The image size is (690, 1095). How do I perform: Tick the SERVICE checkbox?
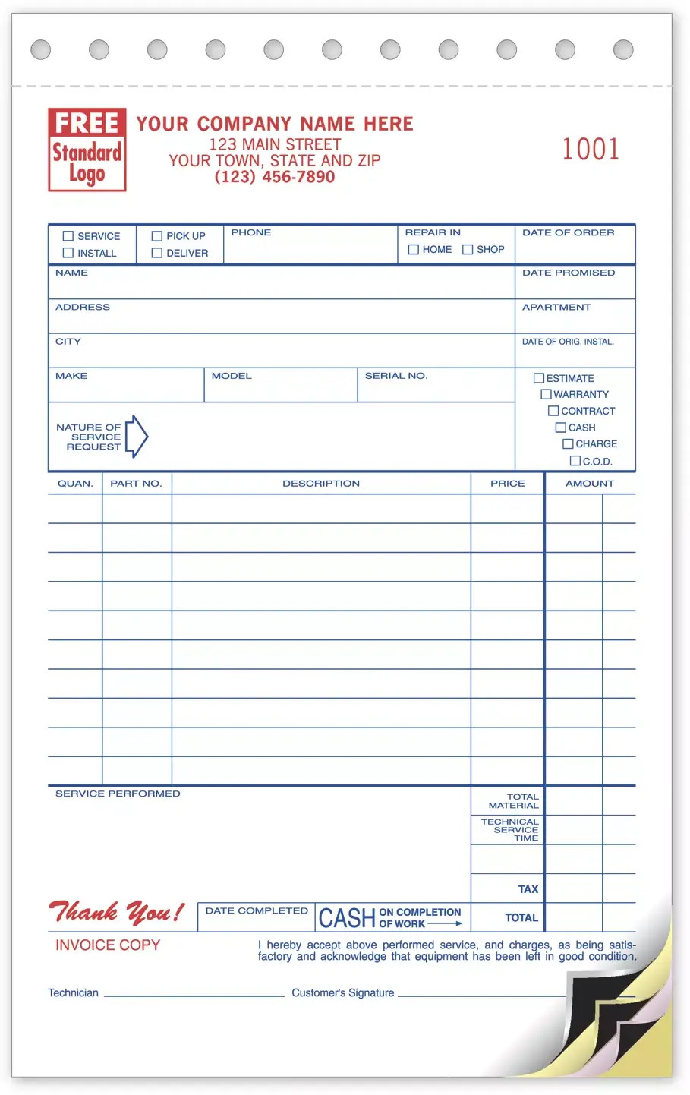tap(68, 236)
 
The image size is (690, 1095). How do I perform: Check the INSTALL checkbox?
tap(68, 253)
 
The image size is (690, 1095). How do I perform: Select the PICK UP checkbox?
tap(157, 236)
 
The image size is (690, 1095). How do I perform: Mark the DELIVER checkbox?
tap(157, 253)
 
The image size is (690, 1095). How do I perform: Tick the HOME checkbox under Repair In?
tap(414, 249)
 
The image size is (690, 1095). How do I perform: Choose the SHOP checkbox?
tap(468, 249)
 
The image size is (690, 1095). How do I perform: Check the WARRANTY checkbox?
tap(546, 394)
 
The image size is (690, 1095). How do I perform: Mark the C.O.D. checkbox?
tap(575, 461)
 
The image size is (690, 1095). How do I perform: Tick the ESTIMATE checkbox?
tap(539, 378)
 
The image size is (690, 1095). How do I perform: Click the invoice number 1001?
tap(591, 149)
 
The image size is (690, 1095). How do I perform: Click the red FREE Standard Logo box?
tap(87, 150)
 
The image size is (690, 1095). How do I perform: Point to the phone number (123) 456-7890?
tap(275, 177)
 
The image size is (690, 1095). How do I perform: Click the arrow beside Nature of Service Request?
tap(137, 437)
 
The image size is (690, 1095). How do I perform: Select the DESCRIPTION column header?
tap(321, 484)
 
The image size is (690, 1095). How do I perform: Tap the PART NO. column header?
tap(136, 484)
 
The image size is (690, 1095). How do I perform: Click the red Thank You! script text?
tap(116, 911)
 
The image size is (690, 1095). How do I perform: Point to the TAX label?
tap(528, 889)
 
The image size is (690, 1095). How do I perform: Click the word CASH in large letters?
tap(347, 919)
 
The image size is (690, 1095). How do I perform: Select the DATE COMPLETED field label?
tap(257, 910)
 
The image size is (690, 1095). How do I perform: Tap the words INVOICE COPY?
tap(108, 945)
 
